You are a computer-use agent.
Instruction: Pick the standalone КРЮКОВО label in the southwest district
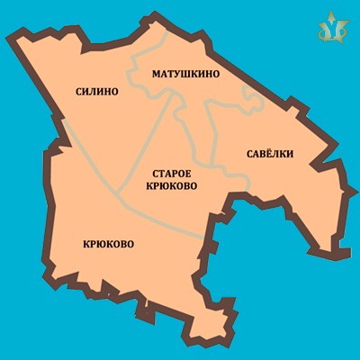(108, 243)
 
